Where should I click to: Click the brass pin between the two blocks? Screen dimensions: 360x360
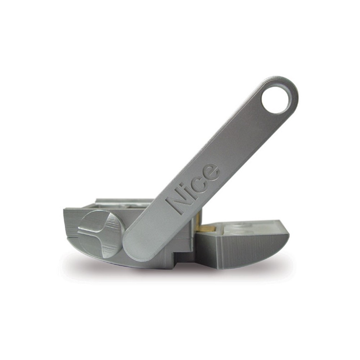click(x=206, y=228)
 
